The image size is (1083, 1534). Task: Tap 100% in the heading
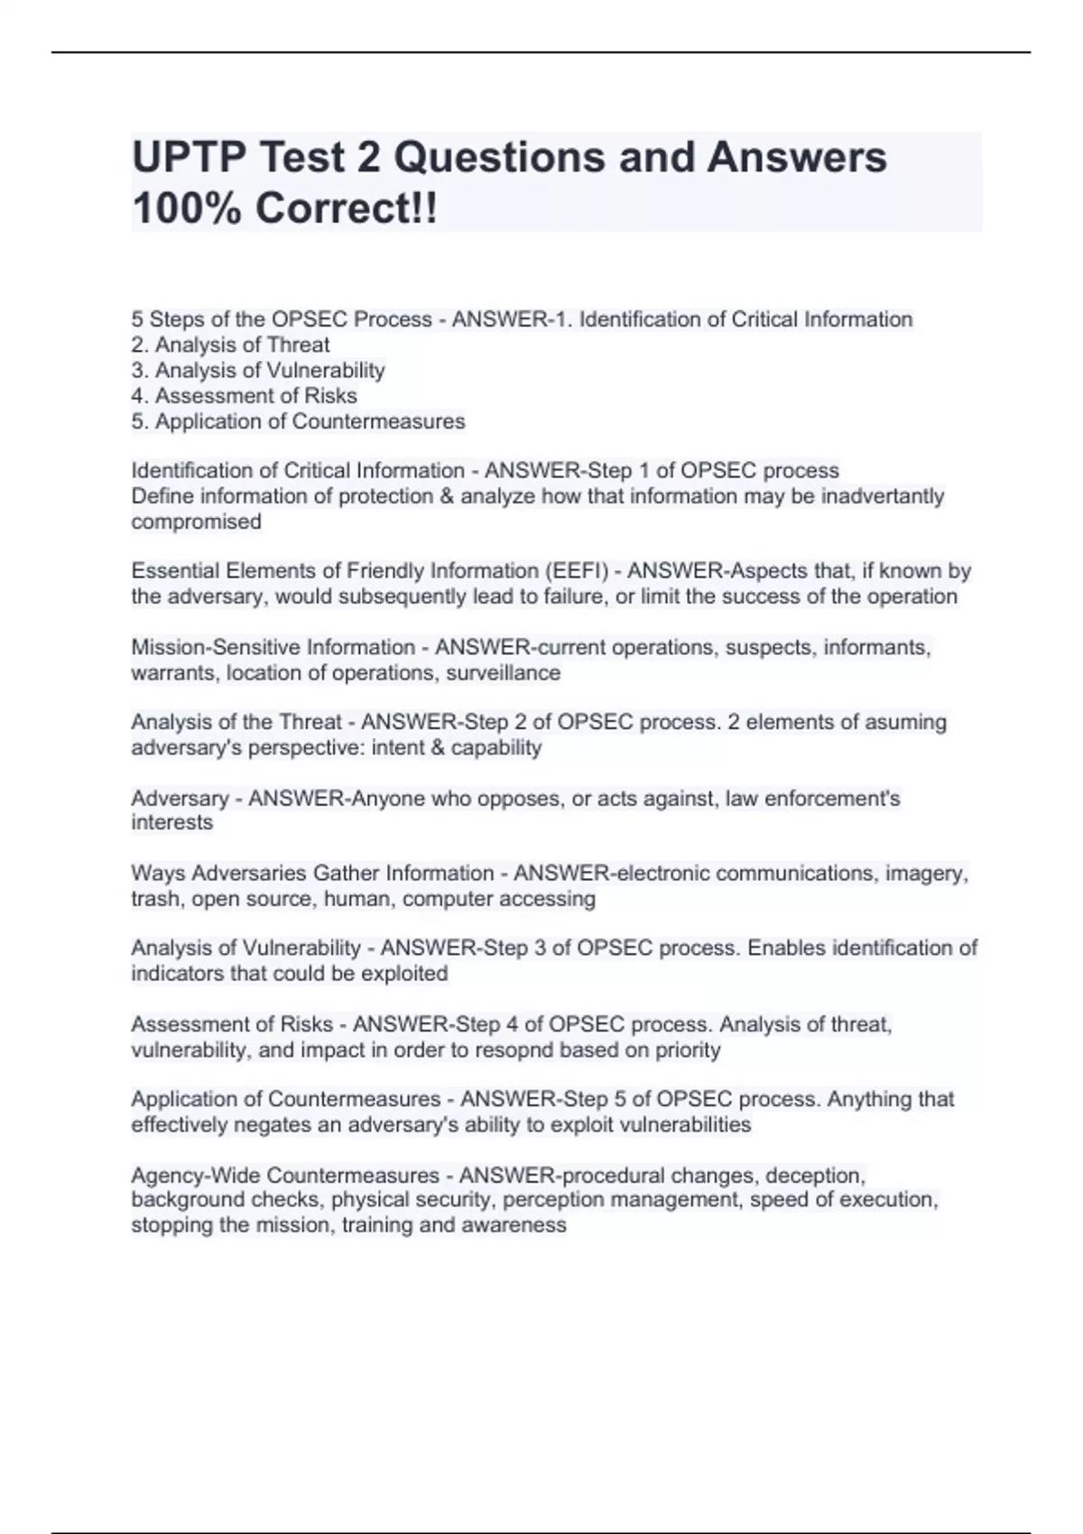[x=186, y=209]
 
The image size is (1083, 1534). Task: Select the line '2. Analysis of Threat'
[x=230, y=345]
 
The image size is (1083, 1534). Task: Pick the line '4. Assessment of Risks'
[x=244, y=395]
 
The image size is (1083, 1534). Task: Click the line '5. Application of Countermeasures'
[x=298, y=420]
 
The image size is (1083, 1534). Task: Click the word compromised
[x=196, y=522]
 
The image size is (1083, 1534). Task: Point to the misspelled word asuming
[x=905, y=722]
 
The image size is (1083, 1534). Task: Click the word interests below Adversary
[x=171, y=822]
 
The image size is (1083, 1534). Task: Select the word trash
[x=155, y=899]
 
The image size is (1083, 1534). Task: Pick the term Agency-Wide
[x=196, y=1175]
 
